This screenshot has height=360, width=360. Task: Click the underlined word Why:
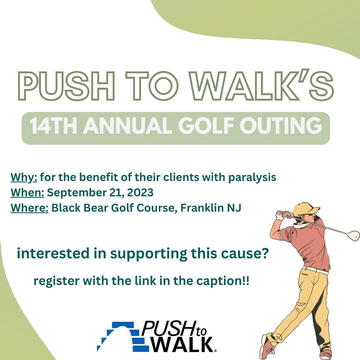point(24,177)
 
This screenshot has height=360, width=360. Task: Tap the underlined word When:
point(27,192)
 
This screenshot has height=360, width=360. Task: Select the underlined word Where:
point(29,208)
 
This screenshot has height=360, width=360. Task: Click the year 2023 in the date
point(140,192)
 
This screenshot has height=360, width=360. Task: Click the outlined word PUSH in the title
point(66,86)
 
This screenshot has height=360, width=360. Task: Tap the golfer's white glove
point(280,215)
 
